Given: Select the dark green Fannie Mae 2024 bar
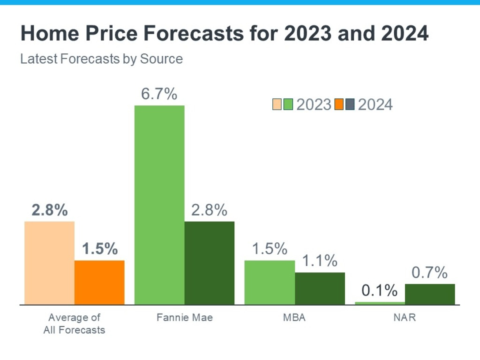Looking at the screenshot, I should (209, 263).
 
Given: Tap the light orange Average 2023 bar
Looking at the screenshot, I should (49, 263).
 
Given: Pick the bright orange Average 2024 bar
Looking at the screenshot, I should (99, 282).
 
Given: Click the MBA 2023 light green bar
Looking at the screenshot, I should (270, 282).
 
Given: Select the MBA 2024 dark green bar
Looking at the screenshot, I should (320, 288).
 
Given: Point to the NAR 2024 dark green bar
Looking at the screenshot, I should (430, 294).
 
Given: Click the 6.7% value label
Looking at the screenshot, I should (159, 94).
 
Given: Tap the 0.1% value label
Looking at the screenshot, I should (379, 291).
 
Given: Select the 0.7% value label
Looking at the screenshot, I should (429, 272).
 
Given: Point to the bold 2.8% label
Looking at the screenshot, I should (49, 210).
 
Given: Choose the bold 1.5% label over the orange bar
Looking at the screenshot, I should (99, 249).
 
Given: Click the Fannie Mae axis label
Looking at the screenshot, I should (184, 318).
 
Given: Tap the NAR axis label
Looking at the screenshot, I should (405, 318).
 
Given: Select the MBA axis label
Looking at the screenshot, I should (294, 318).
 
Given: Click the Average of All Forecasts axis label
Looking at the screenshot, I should (74, 324).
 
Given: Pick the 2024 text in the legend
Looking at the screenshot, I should (375, 105).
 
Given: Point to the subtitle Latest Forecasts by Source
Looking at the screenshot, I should (101, 59).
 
